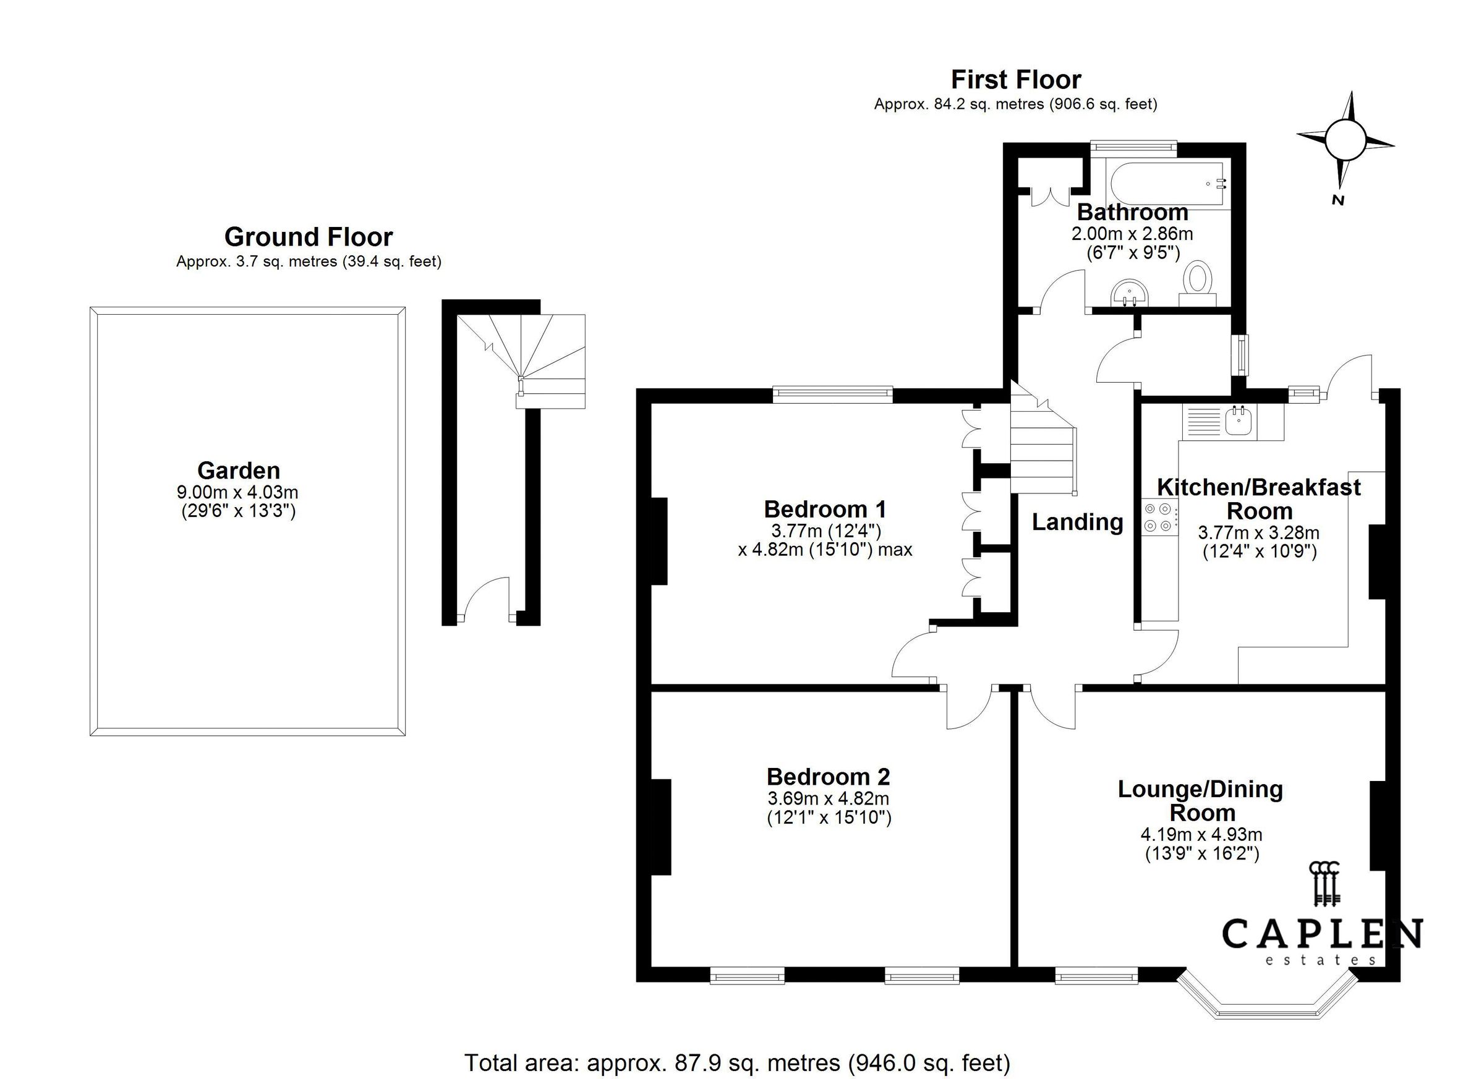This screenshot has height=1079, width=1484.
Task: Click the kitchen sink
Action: pos(1239,420)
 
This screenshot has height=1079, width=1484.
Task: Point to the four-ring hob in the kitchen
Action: pos(1159,516)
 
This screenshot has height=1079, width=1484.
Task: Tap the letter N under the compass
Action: pos(1337,201)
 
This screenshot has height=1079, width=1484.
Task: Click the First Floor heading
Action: pos(1015,80)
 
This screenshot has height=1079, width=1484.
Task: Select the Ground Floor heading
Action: pos(308,236)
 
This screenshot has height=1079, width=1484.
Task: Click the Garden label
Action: pos(239,470)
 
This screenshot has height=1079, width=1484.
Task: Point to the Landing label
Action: pos(1078,521)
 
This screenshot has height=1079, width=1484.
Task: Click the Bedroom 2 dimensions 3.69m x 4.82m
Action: pos(829,798)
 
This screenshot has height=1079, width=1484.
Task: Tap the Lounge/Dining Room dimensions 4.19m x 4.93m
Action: pos(1201,834)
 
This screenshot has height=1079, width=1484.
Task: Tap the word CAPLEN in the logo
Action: pos(1321,934)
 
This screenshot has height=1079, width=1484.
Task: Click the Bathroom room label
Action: pos(1133,212)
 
